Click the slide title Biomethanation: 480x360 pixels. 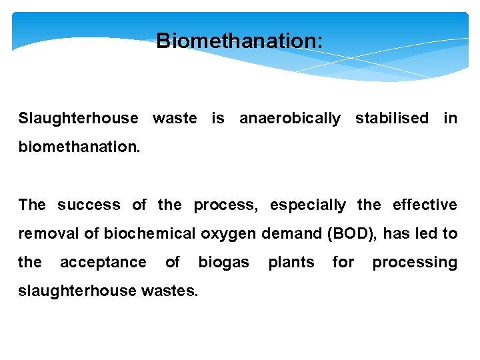point(239,41)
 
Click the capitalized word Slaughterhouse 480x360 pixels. point(79,119)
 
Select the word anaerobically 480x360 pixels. point(289,119)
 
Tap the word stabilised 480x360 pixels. point(391,119)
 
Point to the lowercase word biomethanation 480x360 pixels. point(79,147)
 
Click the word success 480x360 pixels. point(89,205)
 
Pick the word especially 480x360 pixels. point(307,205)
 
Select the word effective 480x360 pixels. point(425,205)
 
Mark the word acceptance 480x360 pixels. point(103,263)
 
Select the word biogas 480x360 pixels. point(223,263)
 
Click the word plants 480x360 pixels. point(291,263)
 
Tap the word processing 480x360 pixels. point(415,263)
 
